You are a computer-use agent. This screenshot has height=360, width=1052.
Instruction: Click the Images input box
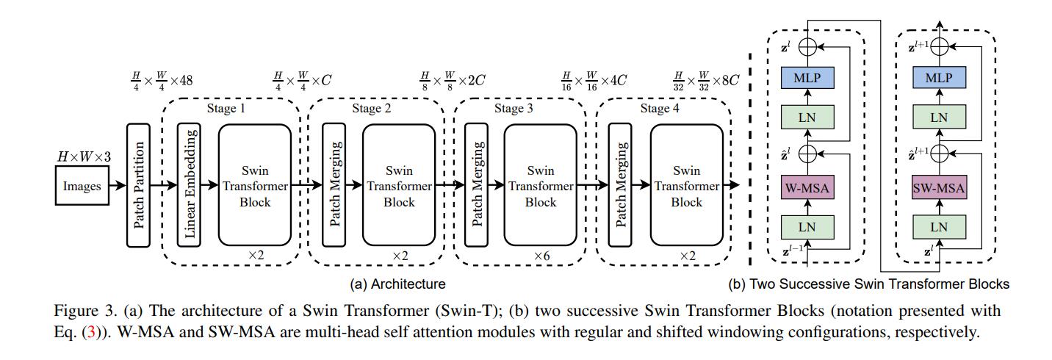pyautogui.click(x=82, y=186)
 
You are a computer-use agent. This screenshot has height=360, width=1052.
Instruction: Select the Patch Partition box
pyautogui.click(x=139, y=185)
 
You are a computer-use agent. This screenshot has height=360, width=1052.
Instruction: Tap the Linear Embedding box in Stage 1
pyautogui.click(x=189, y=185)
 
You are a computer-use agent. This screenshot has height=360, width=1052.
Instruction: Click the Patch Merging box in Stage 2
pyautogui.click(x=334, y=185)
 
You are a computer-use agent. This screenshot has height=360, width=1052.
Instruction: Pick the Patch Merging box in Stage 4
pyautogui.click(x=620, y=185)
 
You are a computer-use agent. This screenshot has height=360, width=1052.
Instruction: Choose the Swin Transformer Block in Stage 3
pyautogui.click(x=541, y=185)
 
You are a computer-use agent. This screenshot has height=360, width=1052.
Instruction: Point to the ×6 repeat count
pyautogui.click(x=541, y=256)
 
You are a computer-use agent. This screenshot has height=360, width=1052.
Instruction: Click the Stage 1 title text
pyautogui.click(x=226, y=109)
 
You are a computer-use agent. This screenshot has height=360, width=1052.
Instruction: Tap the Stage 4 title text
pyautogui.click(x=660, y=109)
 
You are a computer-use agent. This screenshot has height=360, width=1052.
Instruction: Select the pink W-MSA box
pyautogui.click(x=807, y=188)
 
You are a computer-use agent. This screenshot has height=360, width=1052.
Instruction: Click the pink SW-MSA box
pyautogui.click(x=939, y=188)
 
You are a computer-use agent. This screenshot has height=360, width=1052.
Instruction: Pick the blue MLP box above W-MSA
pyautogui.click(x=807, y=78)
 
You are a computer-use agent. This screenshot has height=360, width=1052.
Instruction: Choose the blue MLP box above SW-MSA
pyautogui.click(x=939, y=78)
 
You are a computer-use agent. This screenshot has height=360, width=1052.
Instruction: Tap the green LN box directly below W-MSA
pyautogui.click(x=807, y=228)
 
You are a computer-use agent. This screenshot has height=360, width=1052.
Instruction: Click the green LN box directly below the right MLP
pyautogui.click(x=939, y=117)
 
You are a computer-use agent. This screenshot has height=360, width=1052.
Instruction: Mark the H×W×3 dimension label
pyautogui.click(x=84, y=156)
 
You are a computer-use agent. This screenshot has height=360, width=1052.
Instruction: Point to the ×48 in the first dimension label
pyautogui.click(x=181, y=80)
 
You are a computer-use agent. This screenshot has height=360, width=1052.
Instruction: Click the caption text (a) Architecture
pyautogui.click(x=397, y=284)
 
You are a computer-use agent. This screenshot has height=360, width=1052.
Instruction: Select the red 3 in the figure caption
pyautogui.click(x=92, y=332)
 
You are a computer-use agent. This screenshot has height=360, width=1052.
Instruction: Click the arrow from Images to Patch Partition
pyautogui.click(x=118, y=186)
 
